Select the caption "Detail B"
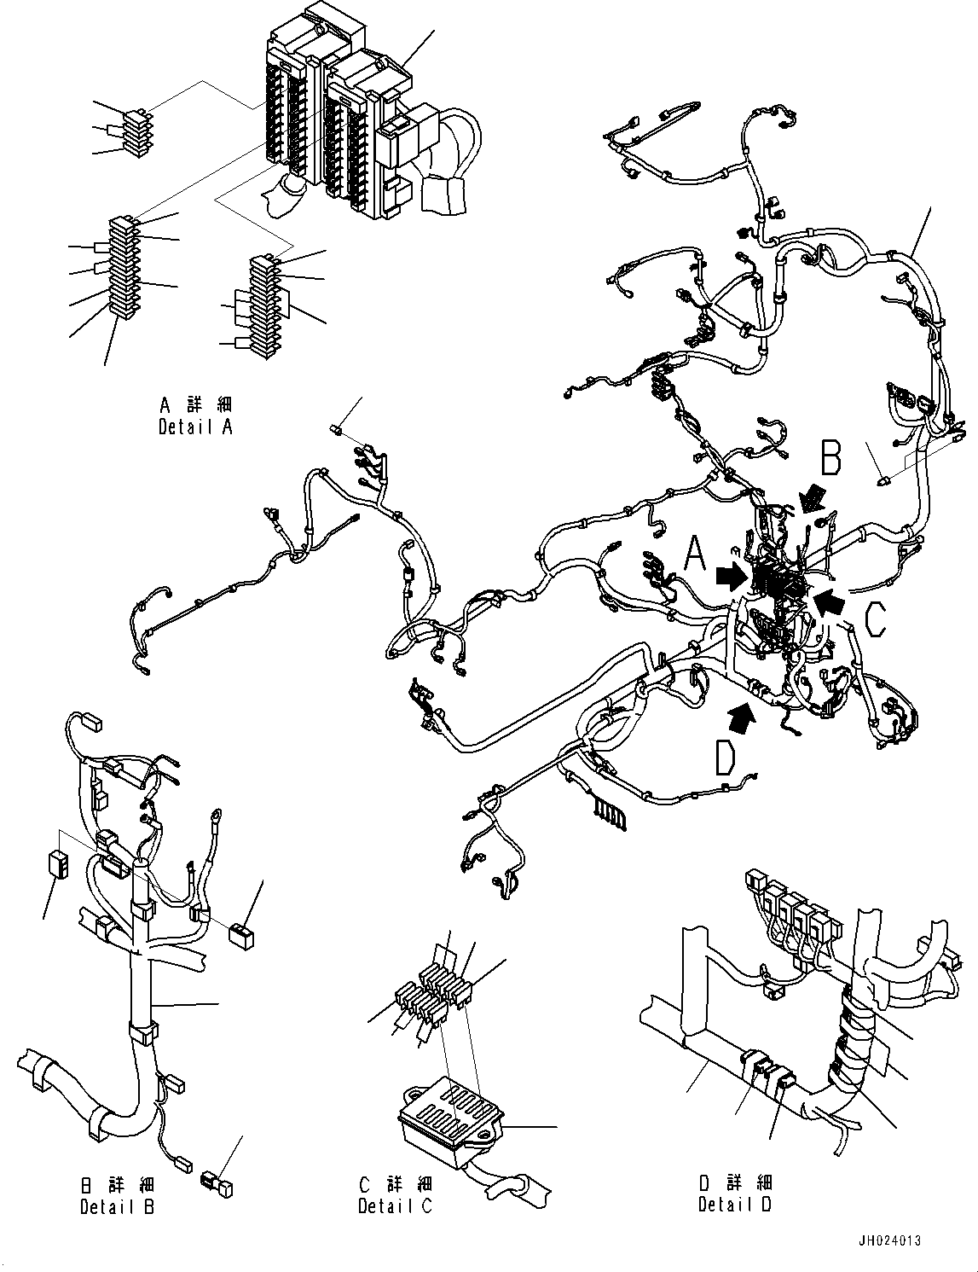pyautogui.click(x=117, y=1206)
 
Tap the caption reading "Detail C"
pyautogui.click(x=395, y=1206)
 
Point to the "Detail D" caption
pyautogui.click(x=735, y=1205)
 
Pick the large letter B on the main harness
pyautogui.click(x=830, y=457)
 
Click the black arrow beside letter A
pyautogui.click(x=730, y=578)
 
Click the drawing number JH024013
pyautogui.click(x=889, y=1241)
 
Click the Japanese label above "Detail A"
pyautogui.click(x=195, y=404)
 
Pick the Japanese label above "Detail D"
pyautogui.click(x=735, y=1182)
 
